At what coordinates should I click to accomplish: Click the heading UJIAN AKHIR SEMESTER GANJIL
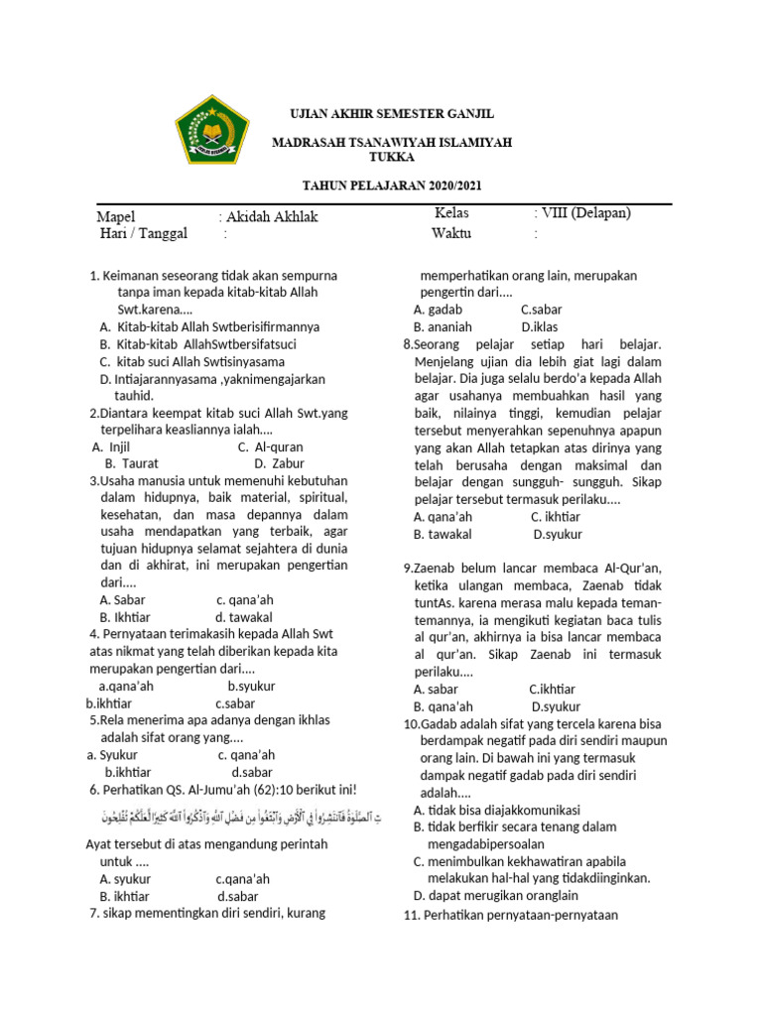coord(391,114)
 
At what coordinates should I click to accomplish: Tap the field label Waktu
coord(451,234)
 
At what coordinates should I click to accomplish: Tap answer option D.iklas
coord(542,326)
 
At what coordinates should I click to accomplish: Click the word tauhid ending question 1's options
coord(134,395)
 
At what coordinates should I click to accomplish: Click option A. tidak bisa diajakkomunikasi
coord(496,810)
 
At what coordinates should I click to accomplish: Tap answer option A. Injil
coord(111,447)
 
